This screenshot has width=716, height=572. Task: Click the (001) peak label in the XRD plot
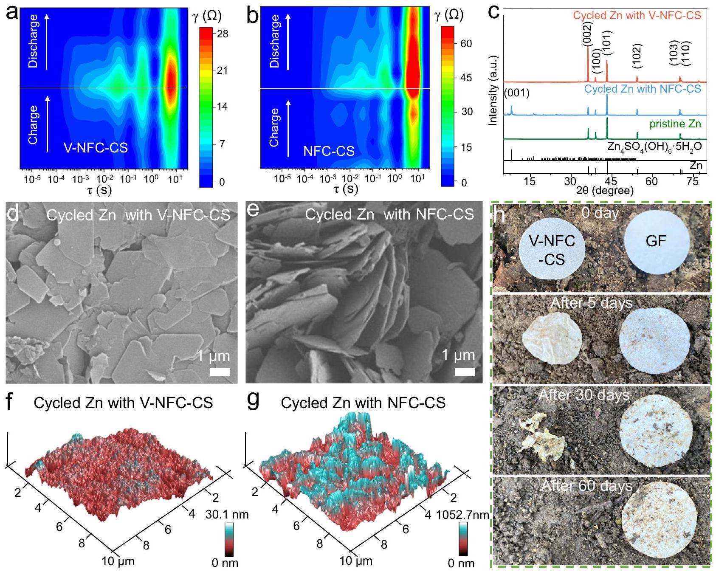tap(516, 93)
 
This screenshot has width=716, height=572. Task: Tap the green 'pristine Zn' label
tap(675, 124)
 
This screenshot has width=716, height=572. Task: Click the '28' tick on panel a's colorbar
tap(222, 34)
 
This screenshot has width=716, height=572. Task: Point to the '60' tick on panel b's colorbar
tap(466, 44)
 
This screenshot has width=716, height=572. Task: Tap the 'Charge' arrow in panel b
tap(288, 128)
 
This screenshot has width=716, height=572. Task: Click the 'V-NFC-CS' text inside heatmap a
tap(96, 147)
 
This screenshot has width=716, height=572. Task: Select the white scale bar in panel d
tap(220, 372)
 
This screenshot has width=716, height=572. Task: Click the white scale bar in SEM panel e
tap(465, 372)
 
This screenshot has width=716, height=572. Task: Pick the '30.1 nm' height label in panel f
tap(227, 515)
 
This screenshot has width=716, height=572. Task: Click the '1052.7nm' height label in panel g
tap(462, 515)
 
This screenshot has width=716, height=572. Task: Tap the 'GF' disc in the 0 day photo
tap(656, 241)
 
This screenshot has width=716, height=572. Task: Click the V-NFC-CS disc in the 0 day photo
tap(552, 250)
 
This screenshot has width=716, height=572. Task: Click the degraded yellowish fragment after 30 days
tap(541, 437)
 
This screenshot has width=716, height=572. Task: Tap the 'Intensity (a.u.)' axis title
tap(493, 90)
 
